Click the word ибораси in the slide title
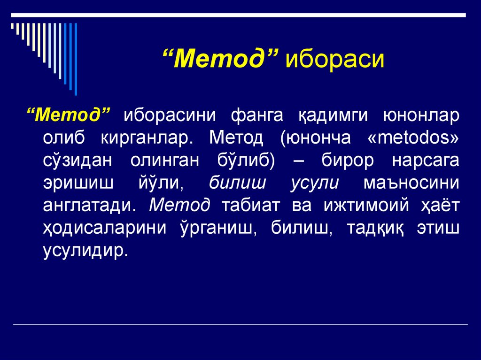pos(336,60)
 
